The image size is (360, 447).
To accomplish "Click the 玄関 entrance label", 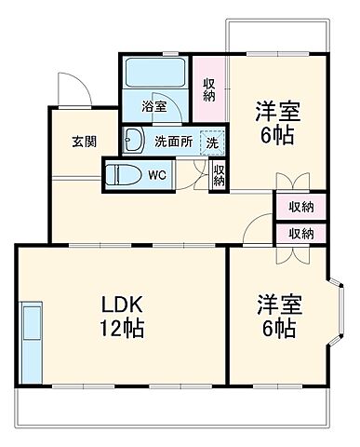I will pyautogui.click(x=81, y=142).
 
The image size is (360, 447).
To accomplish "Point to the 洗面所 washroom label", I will pyautogui.click(x=173, y=142).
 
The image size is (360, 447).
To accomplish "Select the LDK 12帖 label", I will pyautogui.click(x=121, y=317).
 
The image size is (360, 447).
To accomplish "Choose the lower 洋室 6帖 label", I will pyautogui.click(x=277, y=316).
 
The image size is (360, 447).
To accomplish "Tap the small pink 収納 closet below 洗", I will pyautogui.click(x=219, y=174).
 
